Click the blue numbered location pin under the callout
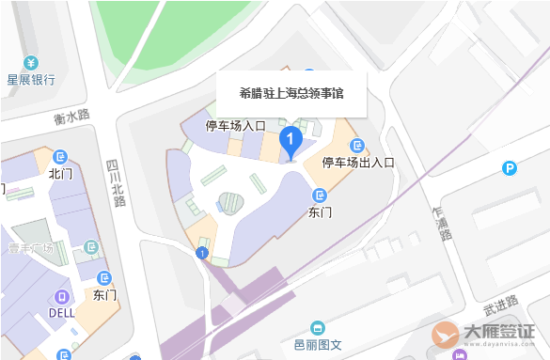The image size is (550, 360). pos(291,142)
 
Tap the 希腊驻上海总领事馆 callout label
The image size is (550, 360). pos(291,93)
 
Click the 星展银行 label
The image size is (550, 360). pos(31,80)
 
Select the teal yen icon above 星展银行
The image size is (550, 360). pos(31,63)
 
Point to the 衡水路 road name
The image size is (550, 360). pos(71,117)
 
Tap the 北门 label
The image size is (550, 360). pos(60,173)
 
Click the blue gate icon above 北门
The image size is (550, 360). pos(61,156)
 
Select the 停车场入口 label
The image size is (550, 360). pos(237,125)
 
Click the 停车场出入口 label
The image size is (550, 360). pos(358,162)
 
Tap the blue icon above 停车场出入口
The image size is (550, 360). pos(357,145)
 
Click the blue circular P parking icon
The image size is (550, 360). pos(509,168)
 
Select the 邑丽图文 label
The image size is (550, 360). pos(318,345)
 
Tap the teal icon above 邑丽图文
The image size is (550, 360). pos(318,328)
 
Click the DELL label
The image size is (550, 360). pos(62,312)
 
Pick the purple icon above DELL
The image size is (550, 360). pos(62,295)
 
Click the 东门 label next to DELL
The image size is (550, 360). pos(104,295)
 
